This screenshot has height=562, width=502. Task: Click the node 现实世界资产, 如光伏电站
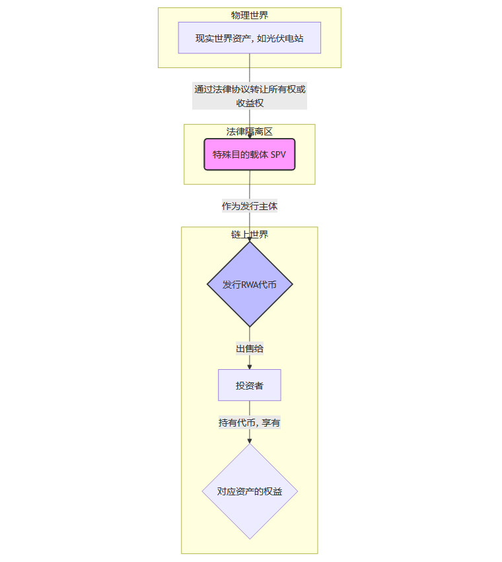pos(249,38)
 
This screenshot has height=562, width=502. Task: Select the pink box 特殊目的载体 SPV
pos(249,155)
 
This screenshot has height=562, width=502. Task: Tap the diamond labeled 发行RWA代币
pos(249,284)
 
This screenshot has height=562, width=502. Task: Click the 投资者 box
pos(249,385)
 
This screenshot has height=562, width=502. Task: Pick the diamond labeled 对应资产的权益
pos(249,491)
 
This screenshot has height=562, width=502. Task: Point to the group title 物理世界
pos(249,15)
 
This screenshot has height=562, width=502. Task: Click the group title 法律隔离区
pos(249,131)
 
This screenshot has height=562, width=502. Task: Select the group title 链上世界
pos(249,234)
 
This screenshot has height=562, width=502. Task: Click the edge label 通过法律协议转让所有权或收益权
pos(249,96)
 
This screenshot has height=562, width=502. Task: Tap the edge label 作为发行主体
pos(249,206)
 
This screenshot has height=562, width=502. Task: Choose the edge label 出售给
pos(249,349)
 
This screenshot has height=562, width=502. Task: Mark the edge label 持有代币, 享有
pos(249,423)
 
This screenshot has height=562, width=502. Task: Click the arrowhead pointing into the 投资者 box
pos(250,366)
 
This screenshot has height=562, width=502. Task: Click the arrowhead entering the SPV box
pos(250,135)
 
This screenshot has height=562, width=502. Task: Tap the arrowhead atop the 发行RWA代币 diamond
pos(250,238)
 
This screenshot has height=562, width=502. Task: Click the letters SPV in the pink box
pos(279,155)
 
